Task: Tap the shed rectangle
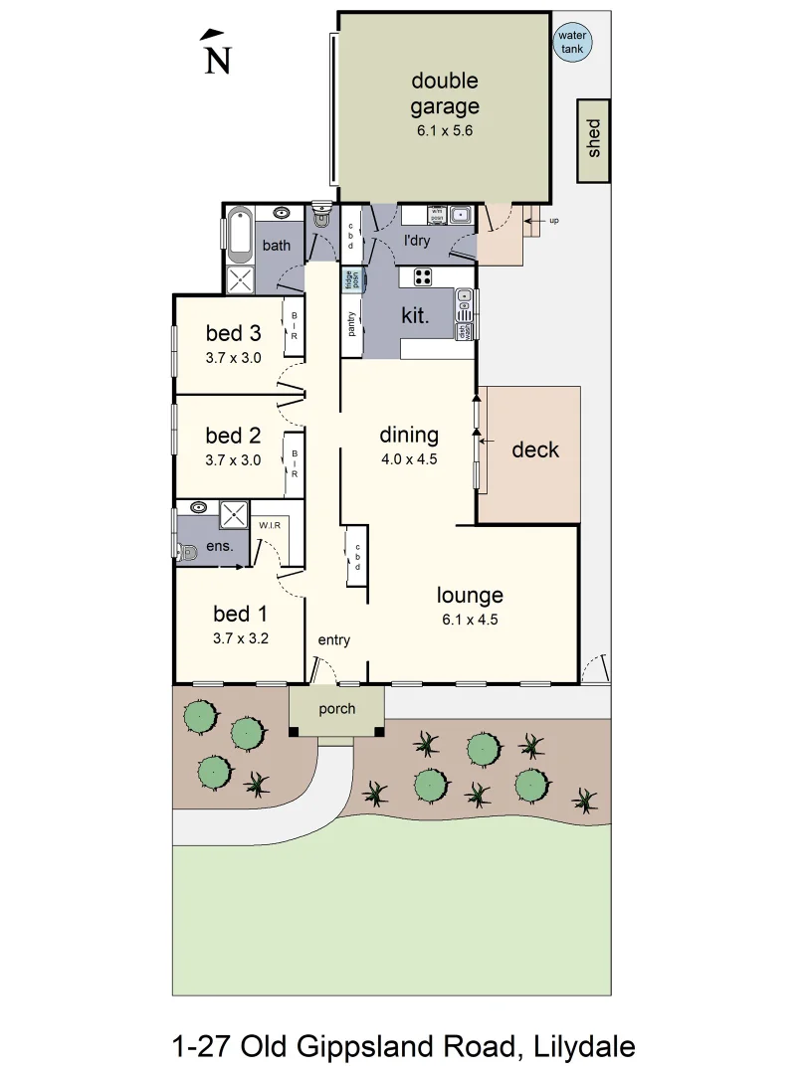pyautogui.click(x=595, y=141)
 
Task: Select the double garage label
pyautogui.click(x=445, y=92)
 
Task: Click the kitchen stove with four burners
pyautogui.click(x=423, y=277)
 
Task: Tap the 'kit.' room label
pyautogui.click(x=414, y=316)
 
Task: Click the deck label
pyautogui.click(x=535, y=449)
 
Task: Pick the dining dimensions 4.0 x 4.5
pyautogui.click(x=409, y=459)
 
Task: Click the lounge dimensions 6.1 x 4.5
pyautogui.click(x=470, y=619)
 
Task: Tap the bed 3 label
pyautogui.click(x=233, y=332)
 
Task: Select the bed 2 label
pyautogui.click(x=233, y=435)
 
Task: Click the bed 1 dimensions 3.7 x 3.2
pyautogui.click(x=240, y=639)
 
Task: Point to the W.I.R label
pyautogui.click(x=269, y=525)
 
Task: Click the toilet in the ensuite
pyautogui.click(x=188, y=551)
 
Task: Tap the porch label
pyautogui.click(x=336, y=710)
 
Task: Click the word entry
pyautogui.click(x=334, y=640)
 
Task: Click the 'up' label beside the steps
pyautogui.click(x=553, y=220)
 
